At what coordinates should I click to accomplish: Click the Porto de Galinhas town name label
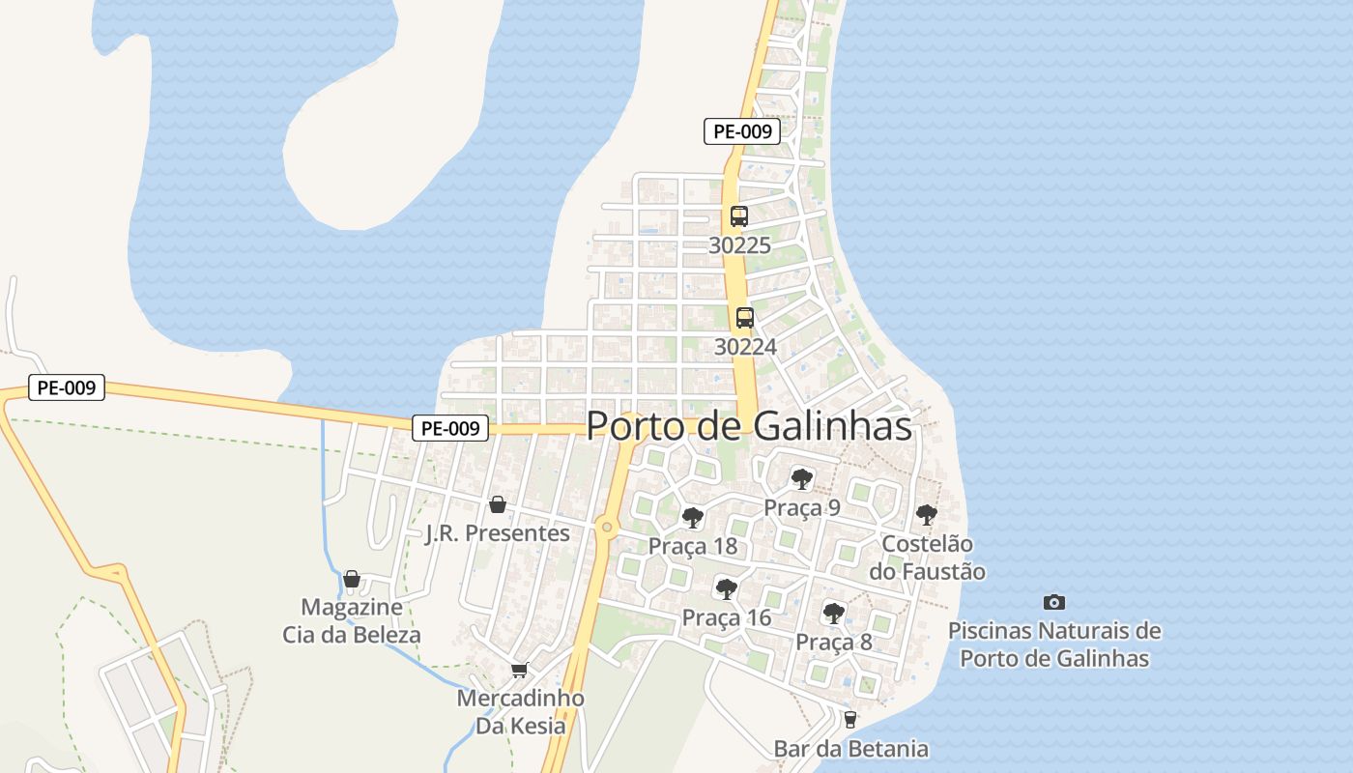click(749, 426)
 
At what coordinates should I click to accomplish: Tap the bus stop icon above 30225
click(739, 216)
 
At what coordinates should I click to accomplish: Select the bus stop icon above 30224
click(745, 318)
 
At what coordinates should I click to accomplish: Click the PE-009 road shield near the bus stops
click(741, 131)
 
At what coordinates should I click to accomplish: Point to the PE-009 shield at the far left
click(66, 388)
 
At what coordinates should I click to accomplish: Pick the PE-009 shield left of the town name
click(450, 428)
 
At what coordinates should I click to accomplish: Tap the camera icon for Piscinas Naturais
click(1054, 602)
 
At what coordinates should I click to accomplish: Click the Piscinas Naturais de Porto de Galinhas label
click(1054, 645)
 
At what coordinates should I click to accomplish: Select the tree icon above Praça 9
click(801, 478)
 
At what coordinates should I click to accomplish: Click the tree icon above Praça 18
click(692, 517)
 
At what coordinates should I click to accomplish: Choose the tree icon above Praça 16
click(726, 588)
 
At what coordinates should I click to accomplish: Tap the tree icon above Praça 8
click(833, 613)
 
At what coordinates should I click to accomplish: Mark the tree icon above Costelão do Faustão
click(926, 514)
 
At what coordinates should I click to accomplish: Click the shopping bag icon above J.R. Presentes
click(498, 504)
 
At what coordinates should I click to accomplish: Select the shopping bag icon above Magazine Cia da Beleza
click(352, 579)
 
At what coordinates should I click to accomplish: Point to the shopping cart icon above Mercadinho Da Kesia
click(520, 670)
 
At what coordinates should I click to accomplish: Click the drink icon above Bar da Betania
click(850, 719)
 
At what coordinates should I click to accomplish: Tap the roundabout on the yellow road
click(606, 527)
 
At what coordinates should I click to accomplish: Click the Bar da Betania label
click(850, 749)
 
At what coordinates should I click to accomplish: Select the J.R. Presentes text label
click(498, 533)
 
